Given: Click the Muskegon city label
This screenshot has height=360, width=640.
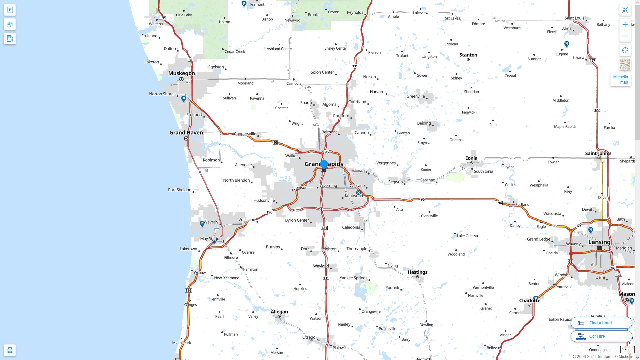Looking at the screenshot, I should point(181,73).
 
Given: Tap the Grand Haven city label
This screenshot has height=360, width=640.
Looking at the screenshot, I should point(186,133).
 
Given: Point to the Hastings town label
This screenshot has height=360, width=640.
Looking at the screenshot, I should point(417,272).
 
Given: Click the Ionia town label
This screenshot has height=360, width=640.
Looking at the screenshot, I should point(471,158).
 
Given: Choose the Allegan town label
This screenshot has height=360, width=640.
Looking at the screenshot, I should point(279,312).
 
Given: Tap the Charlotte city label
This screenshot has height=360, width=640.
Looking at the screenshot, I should point(530,301).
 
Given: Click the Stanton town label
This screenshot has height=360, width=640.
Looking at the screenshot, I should point(468,55).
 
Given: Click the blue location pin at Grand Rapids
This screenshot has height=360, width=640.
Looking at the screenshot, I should point(324,164).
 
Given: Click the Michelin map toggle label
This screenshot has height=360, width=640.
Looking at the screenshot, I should point(620,80).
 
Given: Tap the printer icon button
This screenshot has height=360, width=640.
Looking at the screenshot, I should point(10,350).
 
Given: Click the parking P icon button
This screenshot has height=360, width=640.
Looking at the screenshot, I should point(10,10).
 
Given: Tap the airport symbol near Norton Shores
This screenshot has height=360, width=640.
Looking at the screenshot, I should point(184,99).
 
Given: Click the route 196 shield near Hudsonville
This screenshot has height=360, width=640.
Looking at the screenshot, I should point(269,212).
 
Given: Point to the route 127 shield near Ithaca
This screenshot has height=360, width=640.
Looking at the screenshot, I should point(592,60).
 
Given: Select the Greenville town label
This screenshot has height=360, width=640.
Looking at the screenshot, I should point(415,96).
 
